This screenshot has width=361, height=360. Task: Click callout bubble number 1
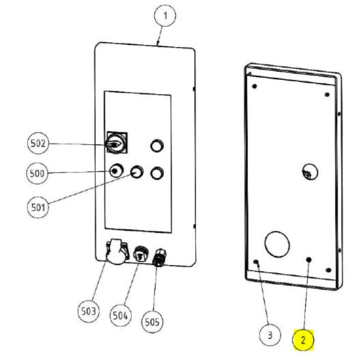(165, 16)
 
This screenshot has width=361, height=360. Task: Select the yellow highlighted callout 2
(303, 340)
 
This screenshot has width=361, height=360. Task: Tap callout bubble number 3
(270, 335)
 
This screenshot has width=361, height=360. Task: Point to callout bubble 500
(38, 173)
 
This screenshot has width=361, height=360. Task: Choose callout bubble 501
(38, 207)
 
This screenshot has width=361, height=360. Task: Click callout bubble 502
(38, 143)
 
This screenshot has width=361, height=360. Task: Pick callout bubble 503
(89, 311)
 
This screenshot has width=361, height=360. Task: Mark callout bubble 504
(120, 316)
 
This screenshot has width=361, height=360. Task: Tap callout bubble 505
(152, 322)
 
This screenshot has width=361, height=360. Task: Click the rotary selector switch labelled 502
(117, 143)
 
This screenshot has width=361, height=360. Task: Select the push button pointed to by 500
(116, 171)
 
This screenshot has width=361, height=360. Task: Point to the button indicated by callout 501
(136, 171)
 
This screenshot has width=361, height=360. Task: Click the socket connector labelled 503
(117, 251)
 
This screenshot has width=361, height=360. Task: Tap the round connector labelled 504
(141, 253)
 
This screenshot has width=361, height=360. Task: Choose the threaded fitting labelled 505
(160, 258)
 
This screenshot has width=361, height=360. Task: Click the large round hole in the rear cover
(277, 244)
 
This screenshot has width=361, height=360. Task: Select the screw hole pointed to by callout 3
(256, 262)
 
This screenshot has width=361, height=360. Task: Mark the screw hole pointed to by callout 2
(308, 260)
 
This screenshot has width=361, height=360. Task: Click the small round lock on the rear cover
(310, 172)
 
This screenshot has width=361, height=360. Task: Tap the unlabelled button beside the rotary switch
(157, 146)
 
